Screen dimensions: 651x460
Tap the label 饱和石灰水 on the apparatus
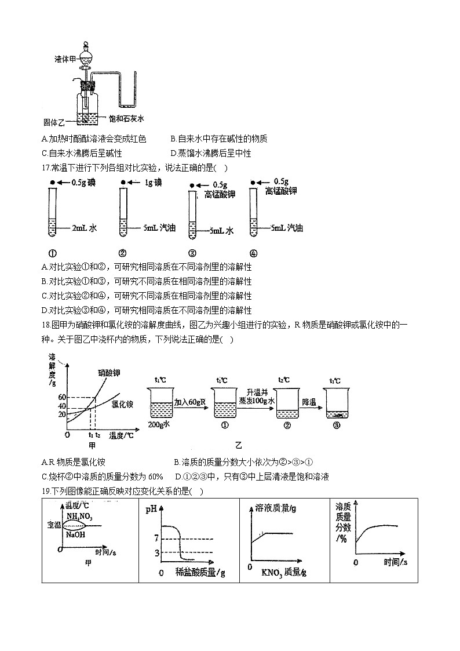[x=126, y=119]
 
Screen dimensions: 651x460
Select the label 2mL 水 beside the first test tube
[x=84, y=228]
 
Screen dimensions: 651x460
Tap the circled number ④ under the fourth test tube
[x=253, y=253]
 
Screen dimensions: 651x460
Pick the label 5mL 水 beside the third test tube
[x=221, y=231]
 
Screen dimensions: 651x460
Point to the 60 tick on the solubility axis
[x=63, y=397]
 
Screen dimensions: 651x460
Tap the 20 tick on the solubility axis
[x=63, y=414]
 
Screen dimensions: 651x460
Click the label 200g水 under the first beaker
[x=158, y=424]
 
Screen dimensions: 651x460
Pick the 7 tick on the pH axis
[x=156, y=539]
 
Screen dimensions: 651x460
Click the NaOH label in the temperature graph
[x=76, y=535]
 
